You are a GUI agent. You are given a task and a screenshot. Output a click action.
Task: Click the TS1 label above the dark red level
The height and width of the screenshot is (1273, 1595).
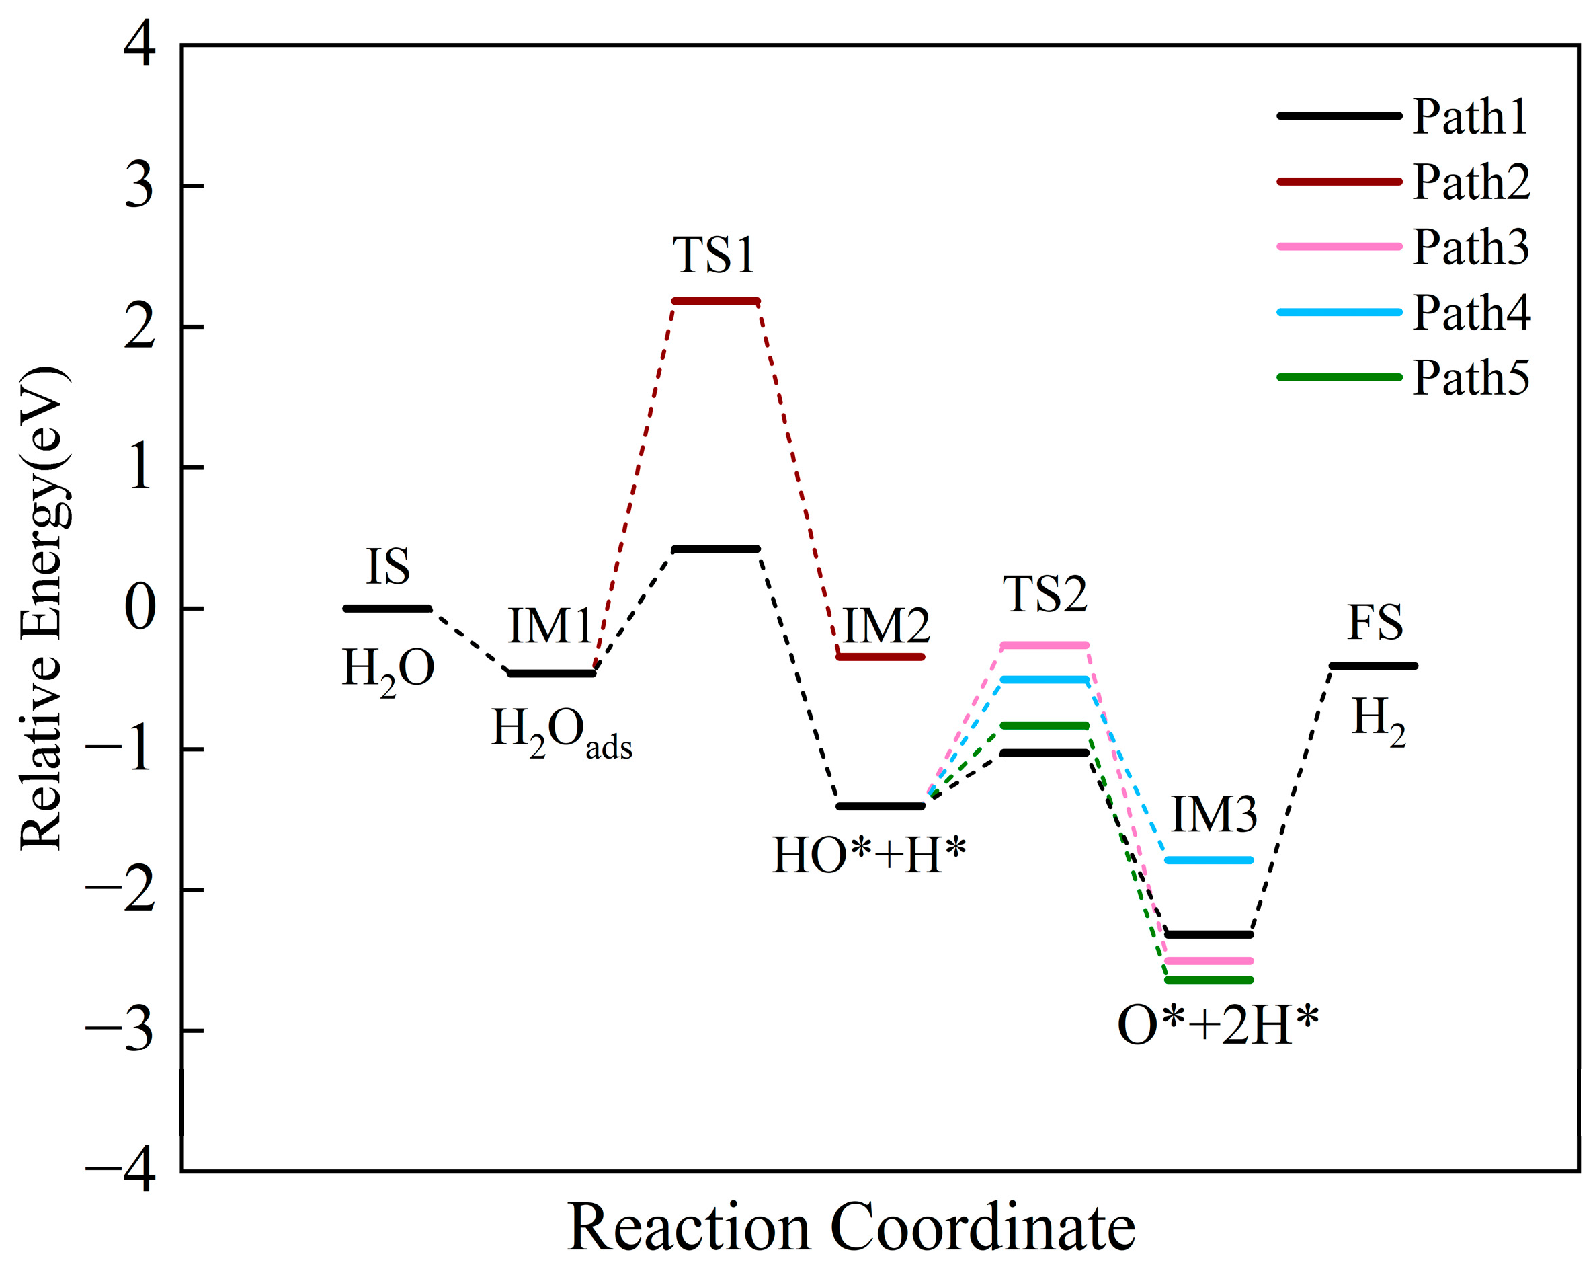pyautogui.click(x=713, y=256)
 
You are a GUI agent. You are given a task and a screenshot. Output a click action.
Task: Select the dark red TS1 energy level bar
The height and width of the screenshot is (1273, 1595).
pyautogui.click(x=715, y=301)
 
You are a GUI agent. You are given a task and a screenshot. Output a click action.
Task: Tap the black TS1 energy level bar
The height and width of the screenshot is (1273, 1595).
pyautogui.click(x=715, y=549)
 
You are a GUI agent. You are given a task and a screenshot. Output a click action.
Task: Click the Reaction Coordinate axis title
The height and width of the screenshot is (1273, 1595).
pyautogui.click(x=851, y=1228)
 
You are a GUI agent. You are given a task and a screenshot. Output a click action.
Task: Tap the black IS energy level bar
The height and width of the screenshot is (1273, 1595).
pyautogui.click(x=387, y=609)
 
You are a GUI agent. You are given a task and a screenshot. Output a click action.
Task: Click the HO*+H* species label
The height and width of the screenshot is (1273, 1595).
pyautogui.click(x=869, y=855)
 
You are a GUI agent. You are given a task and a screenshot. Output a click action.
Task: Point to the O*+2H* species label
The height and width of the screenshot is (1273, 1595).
pyautogui.click(x=1218, y=1026)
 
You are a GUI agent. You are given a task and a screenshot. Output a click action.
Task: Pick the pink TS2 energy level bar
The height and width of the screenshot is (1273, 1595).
pyautogui.click(x=1045, y=646)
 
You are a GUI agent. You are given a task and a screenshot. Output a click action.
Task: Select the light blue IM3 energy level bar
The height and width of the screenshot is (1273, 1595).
pyautogui.click(x=1209, y=861)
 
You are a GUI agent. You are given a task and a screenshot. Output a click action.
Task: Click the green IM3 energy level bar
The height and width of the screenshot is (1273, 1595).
pyautogui.click(x=1209, y=980)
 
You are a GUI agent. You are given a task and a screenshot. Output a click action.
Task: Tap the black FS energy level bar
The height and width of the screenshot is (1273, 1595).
pyautogui.click(x=1373, y=666)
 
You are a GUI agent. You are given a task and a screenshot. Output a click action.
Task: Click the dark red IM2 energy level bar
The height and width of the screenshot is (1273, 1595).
pyautogui.click(x=881, y=657)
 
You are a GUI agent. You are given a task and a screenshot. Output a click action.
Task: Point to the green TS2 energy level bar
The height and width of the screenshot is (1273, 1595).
pyautogui.click(x=1045, y=726)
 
